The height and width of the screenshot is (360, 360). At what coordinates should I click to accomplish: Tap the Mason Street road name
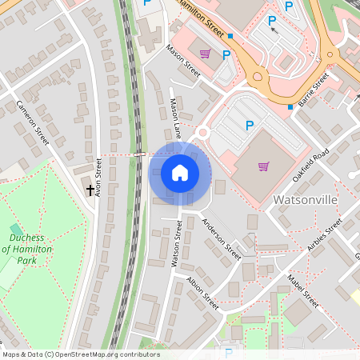[x=182, y=60]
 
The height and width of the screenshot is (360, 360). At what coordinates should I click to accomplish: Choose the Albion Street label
[x=202, y=293]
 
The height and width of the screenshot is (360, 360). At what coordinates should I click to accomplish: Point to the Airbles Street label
[x=324, y=234]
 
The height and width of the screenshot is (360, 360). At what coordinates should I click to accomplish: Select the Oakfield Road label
[x=310, y=165]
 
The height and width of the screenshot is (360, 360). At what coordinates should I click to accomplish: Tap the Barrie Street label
[x=314, y=90]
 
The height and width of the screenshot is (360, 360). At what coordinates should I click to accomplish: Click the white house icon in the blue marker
[x=180, y=173]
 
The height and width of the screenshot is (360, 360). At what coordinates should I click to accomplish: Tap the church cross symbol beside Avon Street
[x=90, y=190]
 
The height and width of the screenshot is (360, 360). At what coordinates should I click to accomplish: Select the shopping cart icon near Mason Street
[x=206, y=54]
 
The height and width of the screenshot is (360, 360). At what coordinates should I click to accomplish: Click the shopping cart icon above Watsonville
[x=263, y=166]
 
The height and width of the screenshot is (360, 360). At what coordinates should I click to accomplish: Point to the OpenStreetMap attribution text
[x=81, y=354]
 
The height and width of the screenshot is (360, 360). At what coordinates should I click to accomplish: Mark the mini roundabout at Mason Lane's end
[x=202, y=132]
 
